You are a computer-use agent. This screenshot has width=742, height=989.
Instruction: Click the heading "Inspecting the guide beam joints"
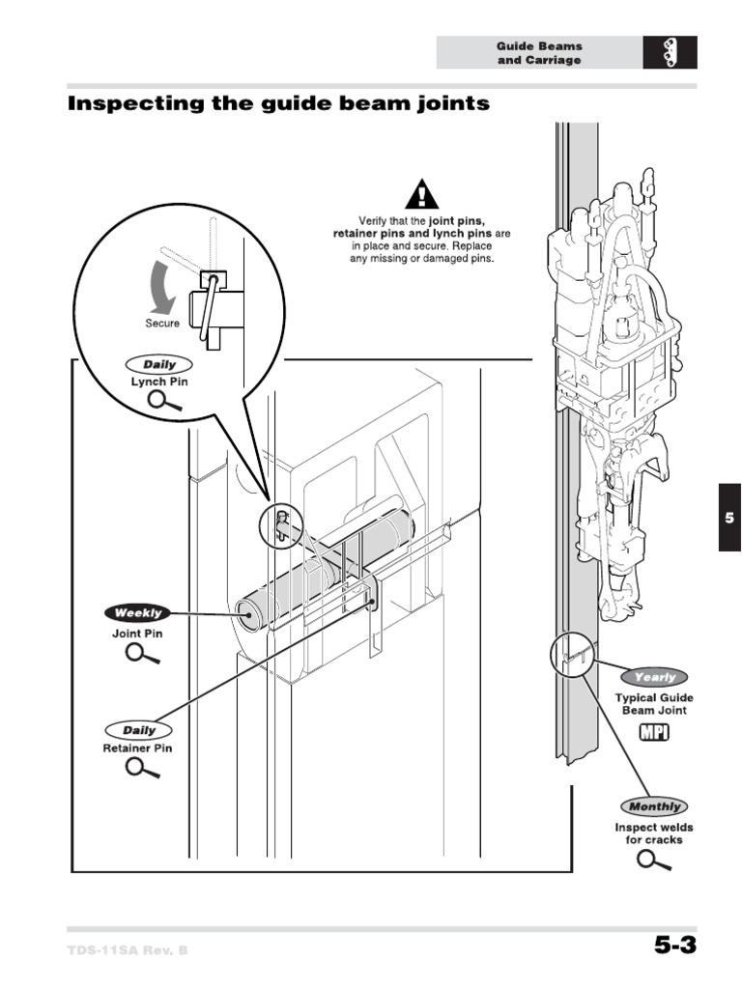click(x=277, y=103)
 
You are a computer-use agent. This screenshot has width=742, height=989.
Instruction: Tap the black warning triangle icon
click(x=421, y=196)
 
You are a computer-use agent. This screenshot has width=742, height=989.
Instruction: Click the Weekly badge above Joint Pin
click(x=138, y=612)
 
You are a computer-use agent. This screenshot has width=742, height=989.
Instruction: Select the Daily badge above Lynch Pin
click(x=158, y=365)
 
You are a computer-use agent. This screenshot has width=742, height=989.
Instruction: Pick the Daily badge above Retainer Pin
click(x=138, y=731)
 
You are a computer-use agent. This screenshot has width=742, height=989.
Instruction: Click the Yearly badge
click(x=654, y=677)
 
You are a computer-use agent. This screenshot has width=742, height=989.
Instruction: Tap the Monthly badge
click(x=654, y=806)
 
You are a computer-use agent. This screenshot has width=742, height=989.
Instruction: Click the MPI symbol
click(x=654, y=733)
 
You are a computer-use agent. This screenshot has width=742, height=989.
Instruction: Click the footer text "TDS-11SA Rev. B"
click(x=128, y=950)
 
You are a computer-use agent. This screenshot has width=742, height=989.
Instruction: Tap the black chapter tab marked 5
click(x=729, y=518)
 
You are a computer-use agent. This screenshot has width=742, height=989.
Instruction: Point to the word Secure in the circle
click(x=162, y=324)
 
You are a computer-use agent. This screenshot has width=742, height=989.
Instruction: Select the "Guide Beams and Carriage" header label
click(x=539, y=53)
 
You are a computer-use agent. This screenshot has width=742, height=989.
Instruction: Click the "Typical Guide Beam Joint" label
click(x=654, y=704)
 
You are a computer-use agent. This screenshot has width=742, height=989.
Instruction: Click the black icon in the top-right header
click(x=670, y=53)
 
